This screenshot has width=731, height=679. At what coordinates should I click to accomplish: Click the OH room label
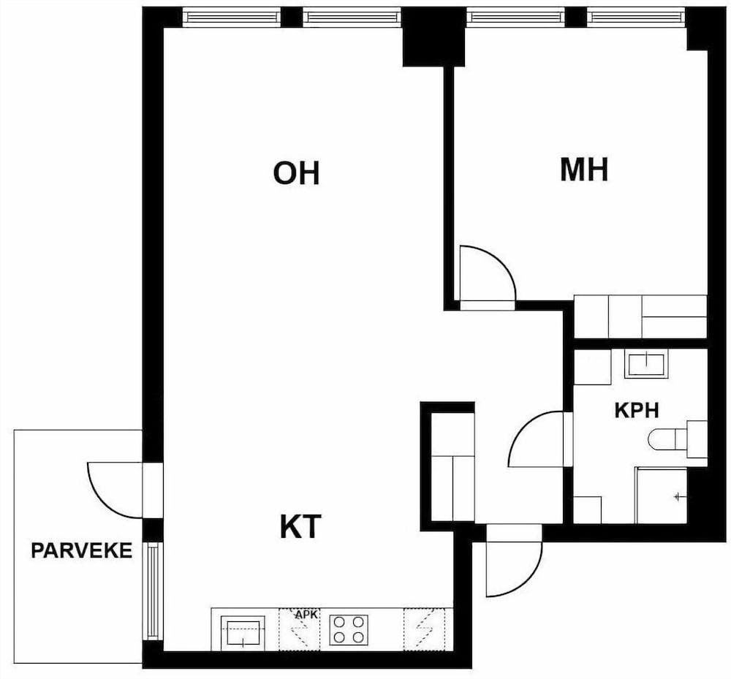pos(296,174)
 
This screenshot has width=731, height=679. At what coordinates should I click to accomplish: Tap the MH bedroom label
pos(584,170)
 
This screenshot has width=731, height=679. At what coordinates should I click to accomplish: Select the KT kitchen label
pos(300,526)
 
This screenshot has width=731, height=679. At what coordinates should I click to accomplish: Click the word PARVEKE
pos(81,550)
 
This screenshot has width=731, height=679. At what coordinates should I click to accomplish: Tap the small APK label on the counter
pos(306,615)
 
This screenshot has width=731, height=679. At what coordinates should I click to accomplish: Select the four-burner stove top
pos(349,629)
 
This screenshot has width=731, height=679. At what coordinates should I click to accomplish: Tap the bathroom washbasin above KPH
pos(645,363)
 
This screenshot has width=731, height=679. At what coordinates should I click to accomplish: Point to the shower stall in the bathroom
pos(661,495)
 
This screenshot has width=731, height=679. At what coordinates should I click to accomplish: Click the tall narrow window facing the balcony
pos(153,591)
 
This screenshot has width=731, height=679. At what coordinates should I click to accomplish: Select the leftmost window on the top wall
pos(231,16)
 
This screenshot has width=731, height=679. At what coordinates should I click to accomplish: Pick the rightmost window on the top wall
pos(636,16)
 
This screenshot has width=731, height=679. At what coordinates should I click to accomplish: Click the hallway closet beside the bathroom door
pos(452,468)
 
